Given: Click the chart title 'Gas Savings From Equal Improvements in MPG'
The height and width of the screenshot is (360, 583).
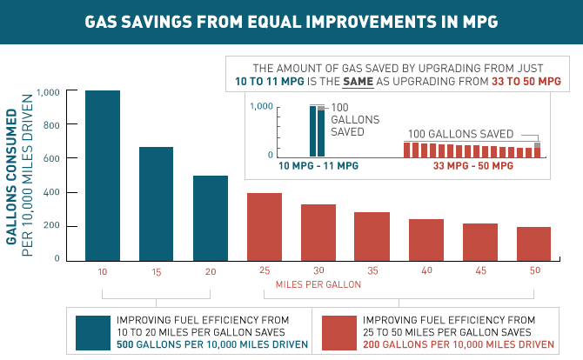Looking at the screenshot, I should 291,21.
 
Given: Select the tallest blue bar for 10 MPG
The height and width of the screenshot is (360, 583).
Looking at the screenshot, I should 103,174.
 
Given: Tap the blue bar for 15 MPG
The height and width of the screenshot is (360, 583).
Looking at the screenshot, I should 157,203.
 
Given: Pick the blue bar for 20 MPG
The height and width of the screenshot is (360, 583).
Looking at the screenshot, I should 211,217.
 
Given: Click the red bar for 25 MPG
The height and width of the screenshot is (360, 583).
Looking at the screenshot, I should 265,226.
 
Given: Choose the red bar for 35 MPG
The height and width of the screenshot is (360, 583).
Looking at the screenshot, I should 372,236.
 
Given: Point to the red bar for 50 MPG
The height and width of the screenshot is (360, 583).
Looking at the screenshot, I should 534,243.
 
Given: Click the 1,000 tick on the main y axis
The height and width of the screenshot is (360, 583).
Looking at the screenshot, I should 48,92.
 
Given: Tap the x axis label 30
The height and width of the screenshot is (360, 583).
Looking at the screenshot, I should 318,270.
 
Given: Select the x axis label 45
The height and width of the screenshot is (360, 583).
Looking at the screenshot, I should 480,270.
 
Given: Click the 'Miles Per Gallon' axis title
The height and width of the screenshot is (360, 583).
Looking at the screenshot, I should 318,284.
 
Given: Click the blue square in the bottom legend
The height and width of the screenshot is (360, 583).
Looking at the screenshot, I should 93,331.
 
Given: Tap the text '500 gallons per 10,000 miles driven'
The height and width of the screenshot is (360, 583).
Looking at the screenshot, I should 211,345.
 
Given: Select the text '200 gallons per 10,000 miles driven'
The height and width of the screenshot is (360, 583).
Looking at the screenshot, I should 458,345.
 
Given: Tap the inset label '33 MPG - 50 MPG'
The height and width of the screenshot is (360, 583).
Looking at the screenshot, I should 472,165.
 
